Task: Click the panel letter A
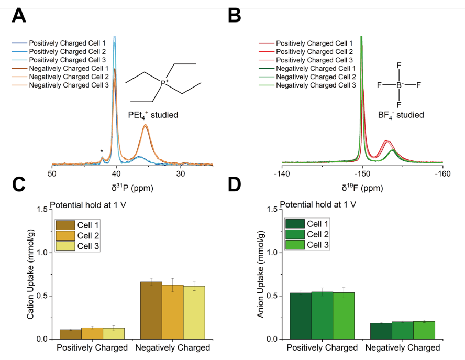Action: tap(19, 16)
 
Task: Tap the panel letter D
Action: tap(236, 184)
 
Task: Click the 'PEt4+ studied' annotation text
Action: tap(153, 114)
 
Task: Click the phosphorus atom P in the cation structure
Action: tap(164, 83)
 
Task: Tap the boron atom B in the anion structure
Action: tap(398, 84)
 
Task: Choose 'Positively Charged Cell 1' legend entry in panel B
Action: tap(314, 43)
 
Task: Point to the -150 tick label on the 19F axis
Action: tap(362, 173)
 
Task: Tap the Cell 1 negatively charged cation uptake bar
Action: tap(151, 310)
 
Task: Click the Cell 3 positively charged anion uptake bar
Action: tap(344, 315)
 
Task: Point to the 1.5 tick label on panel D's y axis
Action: tap(271, 209)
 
